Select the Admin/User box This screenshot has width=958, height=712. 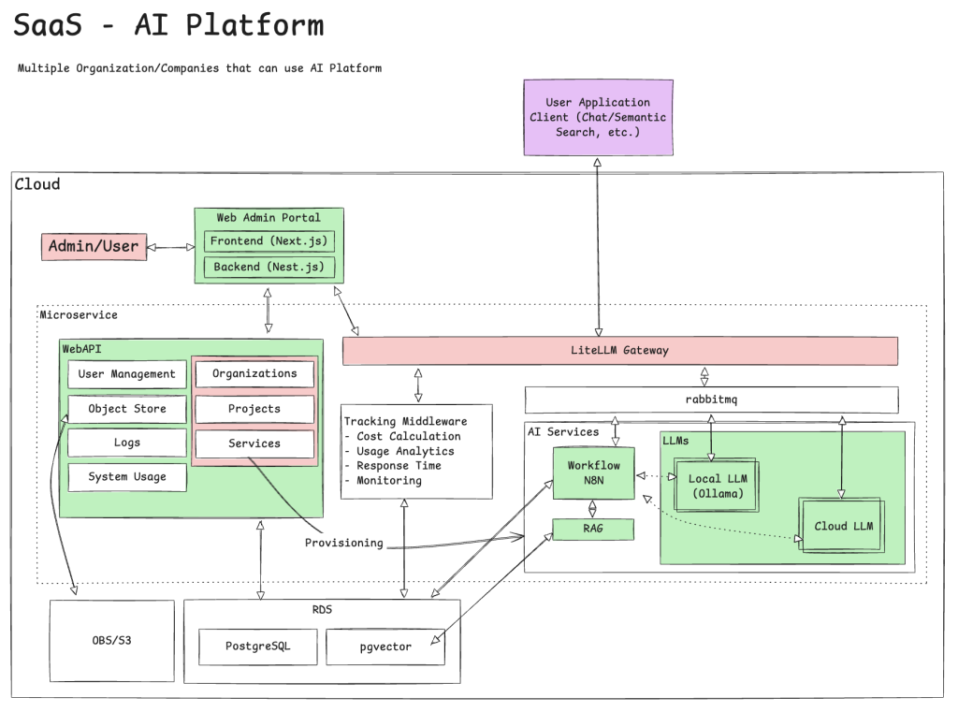[94, 247]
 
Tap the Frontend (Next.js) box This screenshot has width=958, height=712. [269, 241]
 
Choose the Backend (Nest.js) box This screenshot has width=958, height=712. [269, 268]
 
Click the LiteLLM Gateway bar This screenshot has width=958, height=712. [620, 351]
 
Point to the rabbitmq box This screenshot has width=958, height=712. [711, 400]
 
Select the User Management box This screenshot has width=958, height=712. [126, 374]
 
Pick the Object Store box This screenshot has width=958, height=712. [126, 409]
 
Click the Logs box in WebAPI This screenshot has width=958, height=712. [126, 443]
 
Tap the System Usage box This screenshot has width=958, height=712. [126, 477]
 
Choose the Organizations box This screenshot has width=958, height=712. [254, 374]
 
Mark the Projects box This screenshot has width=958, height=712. [254, 409]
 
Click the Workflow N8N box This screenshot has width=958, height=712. [593, 472]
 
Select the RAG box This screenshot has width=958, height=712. [593, 530]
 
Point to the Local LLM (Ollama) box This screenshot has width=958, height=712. [716, 486]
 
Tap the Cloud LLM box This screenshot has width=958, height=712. [842, 526]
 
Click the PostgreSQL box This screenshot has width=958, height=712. [258, 647]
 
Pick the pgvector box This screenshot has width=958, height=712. [385, 647]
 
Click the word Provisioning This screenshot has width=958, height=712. [343, 544]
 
